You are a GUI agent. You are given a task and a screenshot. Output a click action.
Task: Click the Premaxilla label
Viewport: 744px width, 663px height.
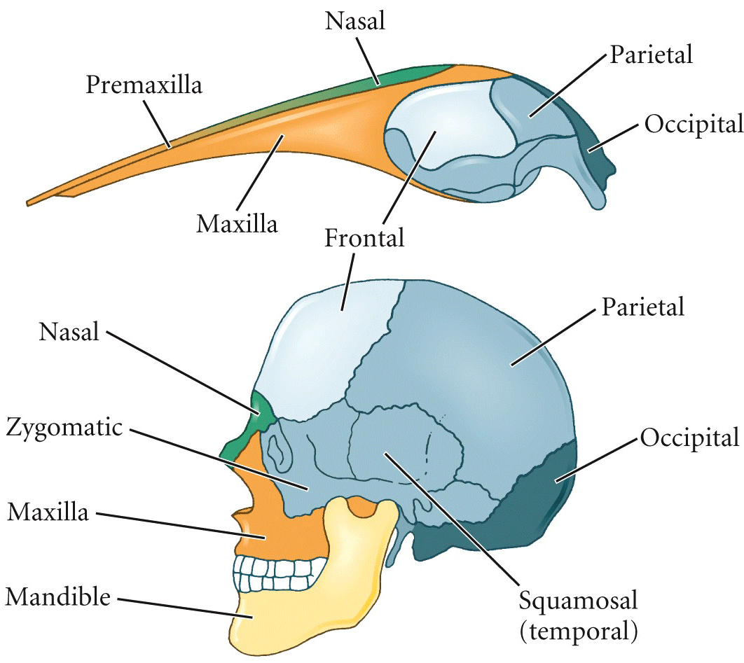coord(144,86)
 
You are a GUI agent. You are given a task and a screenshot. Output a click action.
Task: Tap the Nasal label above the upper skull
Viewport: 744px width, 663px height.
coord(355,21)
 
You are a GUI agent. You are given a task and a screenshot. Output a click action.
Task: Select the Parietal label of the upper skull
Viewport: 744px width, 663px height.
coord(651,55)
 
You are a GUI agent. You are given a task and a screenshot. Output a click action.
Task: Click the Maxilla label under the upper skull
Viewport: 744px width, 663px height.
coord(237,223)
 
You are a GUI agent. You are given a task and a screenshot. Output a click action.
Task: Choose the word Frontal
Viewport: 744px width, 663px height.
coord(364,237)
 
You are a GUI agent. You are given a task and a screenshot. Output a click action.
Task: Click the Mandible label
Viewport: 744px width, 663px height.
coord(58,596)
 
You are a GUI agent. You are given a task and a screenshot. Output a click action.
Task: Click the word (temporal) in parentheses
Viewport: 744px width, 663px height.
coord(579,631)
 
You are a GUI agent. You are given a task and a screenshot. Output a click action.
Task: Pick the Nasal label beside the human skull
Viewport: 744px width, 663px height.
coord(69,332)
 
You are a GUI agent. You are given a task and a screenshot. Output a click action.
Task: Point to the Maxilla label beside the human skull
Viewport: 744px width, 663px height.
coord(48,512)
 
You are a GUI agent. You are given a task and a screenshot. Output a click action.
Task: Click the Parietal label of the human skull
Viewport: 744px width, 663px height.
coord(643,307)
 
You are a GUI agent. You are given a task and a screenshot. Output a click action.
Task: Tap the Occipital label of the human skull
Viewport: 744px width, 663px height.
coord(690,438)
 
